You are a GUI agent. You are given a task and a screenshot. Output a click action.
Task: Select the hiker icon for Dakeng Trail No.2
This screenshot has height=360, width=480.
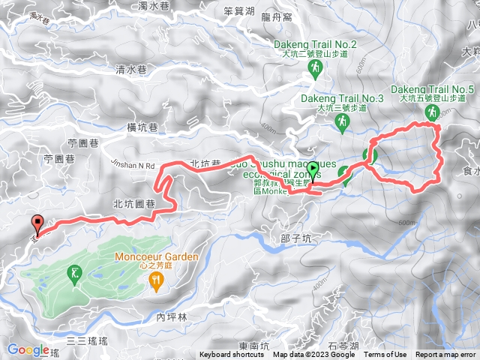316,70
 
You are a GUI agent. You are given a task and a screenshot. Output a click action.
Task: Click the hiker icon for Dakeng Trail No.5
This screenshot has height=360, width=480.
431,112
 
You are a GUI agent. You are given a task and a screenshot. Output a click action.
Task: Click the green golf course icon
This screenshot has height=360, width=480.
73,274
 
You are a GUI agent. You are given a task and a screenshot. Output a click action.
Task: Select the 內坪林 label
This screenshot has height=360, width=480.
170,318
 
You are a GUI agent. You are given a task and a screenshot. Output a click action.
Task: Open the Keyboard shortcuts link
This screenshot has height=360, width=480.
232,355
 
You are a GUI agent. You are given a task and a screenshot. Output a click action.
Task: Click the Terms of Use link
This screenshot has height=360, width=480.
385,355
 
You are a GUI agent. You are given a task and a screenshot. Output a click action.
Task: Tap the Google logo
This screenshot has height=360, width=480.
28,349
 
